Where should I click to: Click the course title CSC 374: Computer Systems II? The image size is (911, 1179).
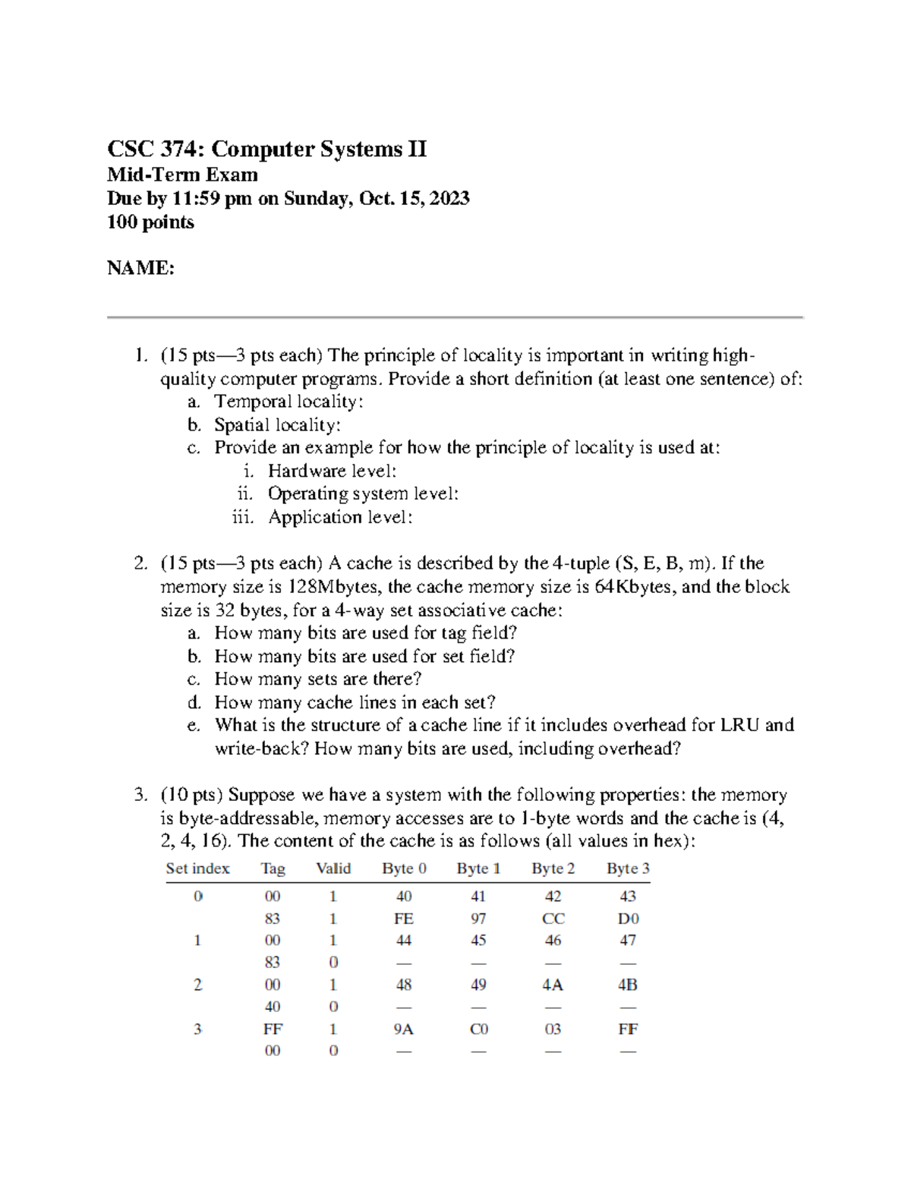266,149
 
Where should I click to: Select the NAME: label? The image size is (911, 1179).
140,268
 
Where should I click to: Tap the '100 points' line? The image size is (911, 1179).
150,222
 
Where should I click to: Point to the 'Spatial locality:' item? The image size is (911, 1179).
277,425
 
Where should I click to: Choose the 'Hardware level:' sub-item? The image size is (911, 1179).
332,471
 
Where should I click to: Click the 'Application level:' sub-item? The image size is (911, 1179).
340,518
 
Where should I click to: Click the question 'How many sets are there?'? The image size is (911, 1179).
317,679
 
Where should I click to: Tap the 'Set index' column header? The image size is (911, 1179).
197,868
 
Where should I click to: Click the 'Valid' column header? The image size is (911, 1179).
333,868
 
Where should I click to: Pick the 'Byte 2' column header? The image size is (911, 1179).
553,868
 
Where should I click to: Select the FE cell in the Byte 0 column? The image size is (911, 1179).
403,919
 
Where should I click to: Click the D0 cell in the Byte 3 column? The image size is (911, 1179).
628,919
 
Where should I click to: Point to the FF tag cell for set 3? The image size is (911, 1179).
273,1029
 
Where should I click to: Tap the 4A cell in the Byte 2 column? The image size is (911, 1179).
553,985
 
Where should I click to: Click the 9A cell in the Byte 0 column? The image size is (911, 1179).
403,1029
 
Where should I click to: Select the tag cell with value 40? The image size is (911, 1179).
273,1007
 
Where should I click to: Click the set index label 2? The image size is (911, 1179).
197,985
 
